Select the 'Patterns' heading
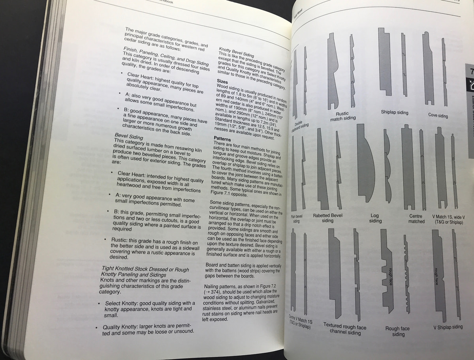[x=222, y=139]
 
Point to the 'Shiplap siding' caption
[x=394, y=112]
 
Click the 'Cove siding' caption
[x=438, y=116]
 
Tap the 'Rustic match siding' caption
[x=342, y=116]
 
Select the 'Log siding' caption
[x=375, y=218]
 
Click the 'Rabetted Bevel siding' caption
[x=327, y=218]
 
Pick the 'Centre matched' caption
[x=416, y=219]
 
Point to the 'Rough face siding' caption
[x=397, y=331]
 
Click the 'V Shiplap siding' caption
[x=448, y=327]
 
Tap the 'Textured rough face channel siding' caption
[x=344, y=330]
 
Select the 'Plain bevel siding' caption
[x=296, y=219]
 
